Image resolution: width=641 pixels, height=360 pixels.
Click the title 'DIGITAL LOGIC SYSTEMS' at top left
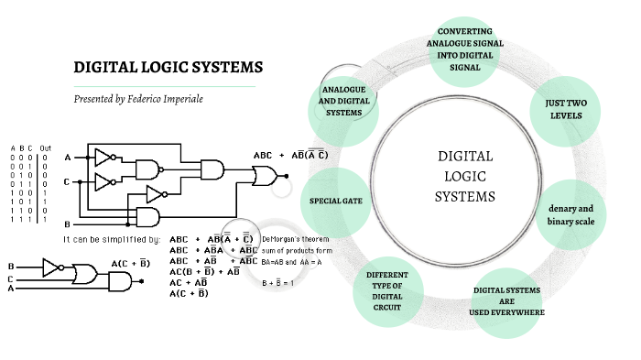[x=168, y=68]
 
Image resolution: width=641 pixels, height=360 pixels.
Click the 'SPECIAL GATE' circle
[x=337, y=201]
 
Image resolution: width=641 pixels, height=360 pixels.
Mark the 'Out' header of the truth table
[x=46, y=148]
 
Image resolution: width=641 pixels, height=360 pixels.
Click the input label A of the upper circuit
[x=67, y=158]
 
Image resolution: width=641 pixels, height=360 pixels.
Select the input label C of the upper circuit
[x=67, y=181]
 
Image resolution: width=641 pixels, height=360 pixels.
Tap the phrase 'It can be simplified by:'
[x=111, y=239]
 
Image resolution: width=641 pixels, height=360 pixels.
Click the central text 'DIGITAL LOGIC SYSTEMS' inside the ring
[x=464, y=176]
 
